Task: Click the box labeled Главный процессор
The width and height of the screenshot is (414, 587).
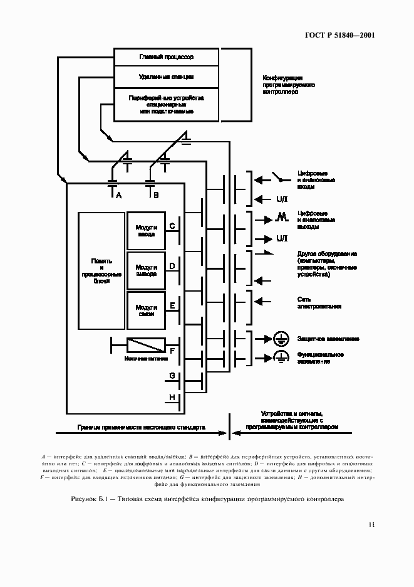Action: pyautogui.click(x=166, y=57)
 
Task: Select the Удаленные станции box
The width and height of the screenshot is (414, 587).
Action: pyautogui.click(x=166, y=77)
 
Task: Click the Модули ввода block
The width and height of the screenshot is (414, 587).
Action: pyautogui.click(x=147, y=230)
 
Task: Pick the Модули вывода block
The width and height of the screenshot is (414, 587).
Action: pyautogui.click(x=147, y=270)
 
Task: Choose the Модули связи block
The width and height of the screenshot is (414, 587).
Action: pyautogui.click(x=147, y=310)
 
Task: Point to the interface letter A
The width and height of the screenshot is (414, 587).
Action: pyautogui.click(x=118, y=196)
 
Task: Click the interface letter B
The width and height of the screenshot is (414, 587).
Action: pyautogui.click(x=156, y=196)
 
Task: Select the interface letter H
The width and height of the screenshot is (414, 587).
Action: pyautogui.click(x=171, y=397)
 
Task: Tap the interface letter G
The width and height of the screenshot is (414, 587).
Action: pyautogui.click(x=171, y=376)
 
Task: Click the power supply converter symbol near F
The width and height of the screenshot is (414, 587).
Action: pyautogui.click(x=146, y=345)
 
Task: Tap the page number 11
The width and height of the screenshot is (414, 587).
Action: pyautogui.click(x=371, y=524)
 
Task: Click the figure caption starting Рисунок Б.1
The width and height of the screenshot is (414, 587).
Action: pyautogui.click(x=207, y=500)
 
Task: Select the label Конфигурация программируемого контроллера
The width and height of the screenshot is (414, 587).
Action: pyautogui.click(x=289, y=85)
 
